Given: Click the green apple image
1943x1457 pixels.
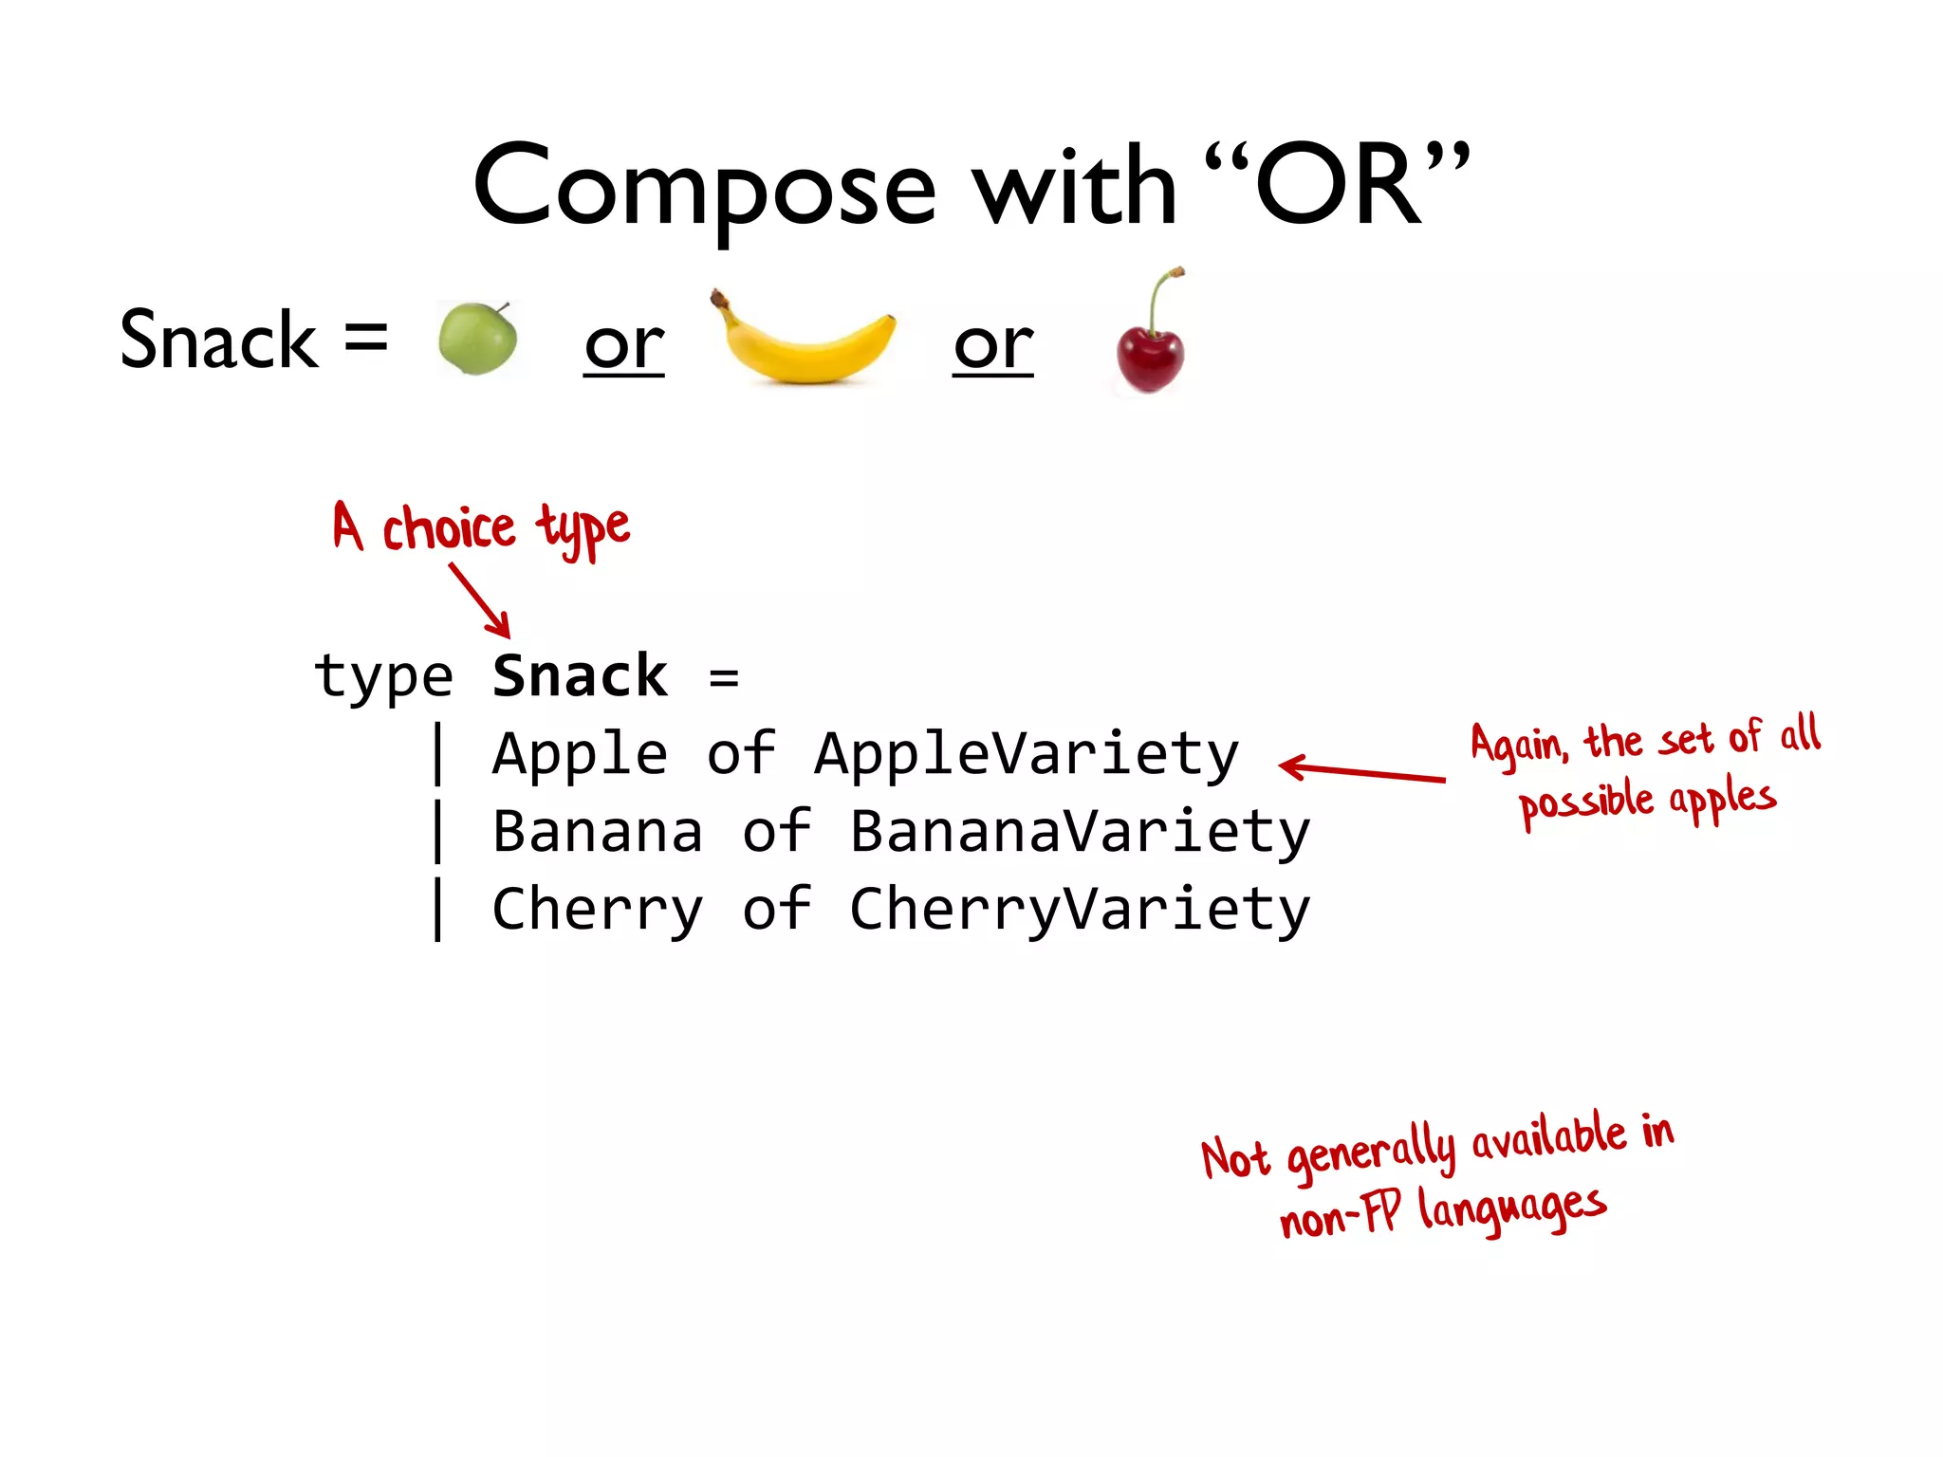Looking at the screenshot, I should [x=477, y=339].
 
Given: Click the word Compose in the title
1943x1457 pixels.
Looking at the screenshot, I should [x=704, y=187].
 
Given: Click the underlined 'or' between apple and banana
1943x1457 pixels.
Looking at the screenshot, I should [x=623, y=345].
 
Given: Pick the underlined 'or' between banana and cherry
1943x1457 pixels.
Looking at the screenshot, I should [x=992, y=345].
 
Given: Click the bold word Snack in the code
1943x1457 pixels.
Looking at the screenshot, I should [x=580, y=676].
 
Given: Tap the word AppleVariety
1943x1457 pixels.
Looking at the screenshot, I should [x=1027, y=755].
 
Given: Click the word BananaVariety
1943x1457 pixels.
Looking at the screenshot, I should [x=1080, y=832].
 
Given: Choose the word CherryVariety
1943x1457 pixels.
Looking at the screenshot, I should [x=1080, y=910].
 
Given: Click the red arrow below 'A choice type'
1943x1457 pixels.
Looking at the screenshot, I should [x=481, y=600].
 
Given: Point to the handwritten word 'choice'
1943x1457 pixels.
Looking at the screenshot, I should [x=449, y=528].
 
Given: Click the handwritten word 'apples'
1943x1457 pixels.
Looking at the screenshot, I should [x=1722, y=799].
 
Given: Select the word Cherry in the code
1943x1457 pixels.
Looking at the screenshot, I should [x=598, y=910].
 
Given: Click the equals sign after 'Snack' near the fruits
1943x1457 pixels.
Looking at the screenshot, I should [x=365, y=338].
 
